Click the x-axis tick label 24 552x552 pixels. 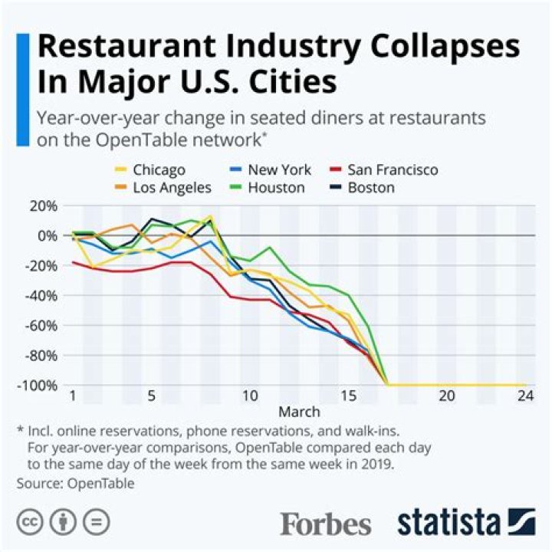point(525,396)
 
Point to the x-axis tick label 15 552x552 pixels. point(349,396)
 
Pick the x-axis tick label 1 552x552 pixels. point(74,396)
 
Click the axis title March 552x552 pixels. point(299,412)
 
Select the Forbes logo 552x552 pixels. point(326,524)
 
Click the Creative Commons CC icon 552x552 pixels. point(31,522)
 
